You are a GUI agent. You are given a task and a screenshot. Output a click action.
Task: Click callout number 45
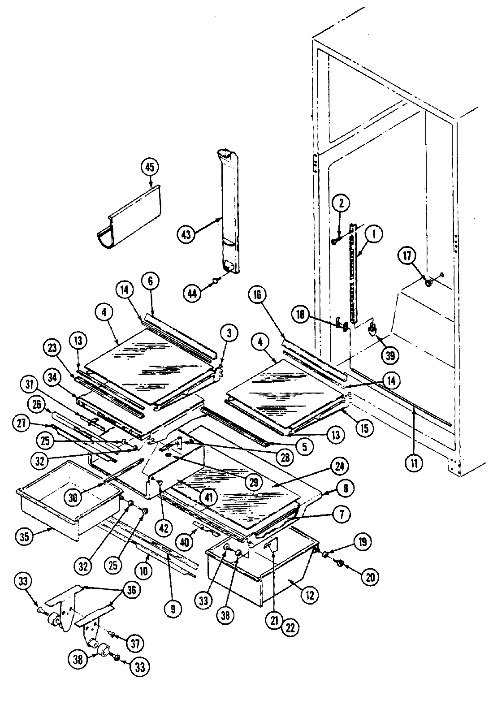point(150,167)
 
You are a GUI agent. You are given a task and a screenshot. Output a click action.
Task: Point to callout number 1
point(374,233)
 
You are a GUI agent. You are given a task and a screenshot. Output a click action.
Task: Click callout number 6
point(151,281)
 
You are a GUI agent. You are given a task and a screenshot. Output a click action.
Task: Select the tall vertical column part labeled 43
point(229,215)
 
